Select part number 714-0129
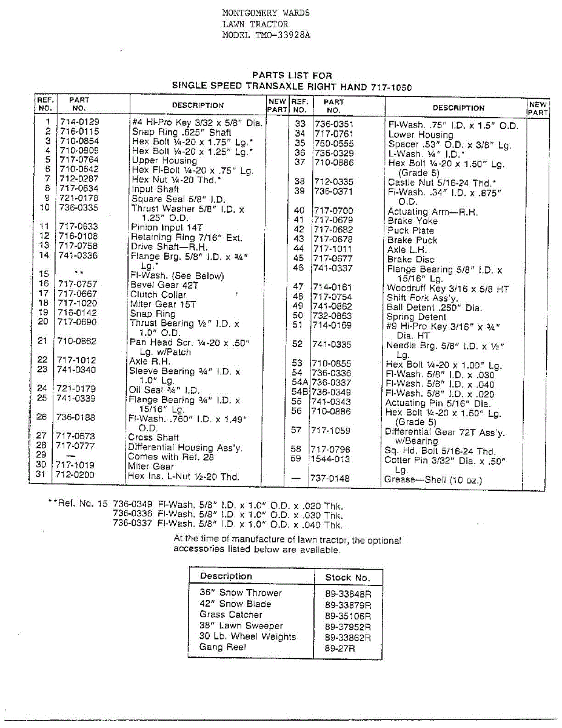pos(79,121)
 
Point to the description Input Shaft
pos(155,189)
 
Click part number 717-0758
pos(78,246)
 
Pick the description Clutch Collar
pos(158,294)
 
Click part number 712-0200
pos(75,475)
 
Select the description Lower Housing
pos(421,135)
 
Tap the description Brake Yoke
pos(413,221)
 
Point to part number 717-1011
pos(333,249)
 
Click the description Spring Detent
pos(416,316)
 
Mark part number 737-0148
pos(330,479)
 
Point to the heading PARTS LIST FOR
pos(292,76)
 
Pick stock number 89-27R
pos(340,649)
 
